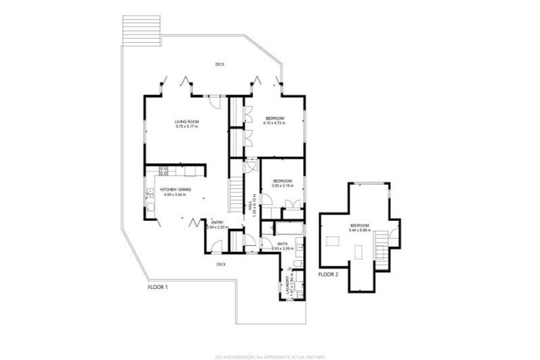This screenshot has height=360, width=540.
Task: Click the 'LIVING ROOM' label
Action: pyautogui.click(x=187, y=122)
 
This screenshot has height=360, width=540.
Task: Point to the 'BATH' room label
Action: pyautogui.click(x=281, y=244)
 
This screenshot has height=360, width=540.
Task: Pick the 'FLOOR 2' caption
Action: pyautogui.click(x=328, y=274)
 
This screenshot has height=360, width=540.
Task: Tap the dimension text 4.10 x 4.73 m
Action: pyautogui.click(x=274, y=123)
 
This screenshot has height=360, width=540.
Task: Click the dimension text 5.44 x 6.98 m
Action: pyautogui.click(x=359, y=229)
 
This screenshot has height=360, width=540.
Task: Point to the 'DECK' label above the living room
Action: pyautogui.click(x=219, y=65)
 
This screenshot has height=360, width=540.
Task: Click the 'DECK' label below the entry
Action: pyautogui.click(x=221, y=264)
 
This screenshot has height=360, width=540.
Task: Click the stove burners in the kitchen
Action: pyautogui.click(x=162, y=170)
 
